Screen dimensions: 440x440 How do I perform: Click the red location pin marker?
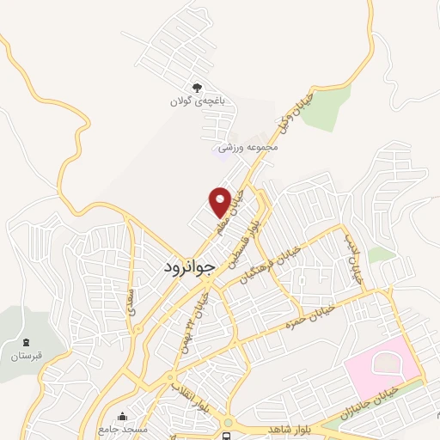pyautogui.click(x=221, y=201)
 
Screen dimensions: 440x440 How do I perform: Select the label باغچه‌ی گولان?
pyautogui.click(x=198, y=101)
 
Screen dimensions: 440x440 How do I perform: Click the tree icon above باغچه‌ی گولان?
pyautogui.click(x=198, y=87)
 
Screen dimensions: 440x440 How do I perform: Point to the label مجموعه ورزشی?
pyautogui.click(x=250, y=148)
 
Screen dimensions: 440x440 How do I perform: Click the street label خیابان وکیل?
pyautogui.click(x=292, y=112)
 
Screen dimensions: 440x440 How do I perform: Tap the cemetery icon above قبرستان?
pyautogui.click(x=24, y=341)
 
